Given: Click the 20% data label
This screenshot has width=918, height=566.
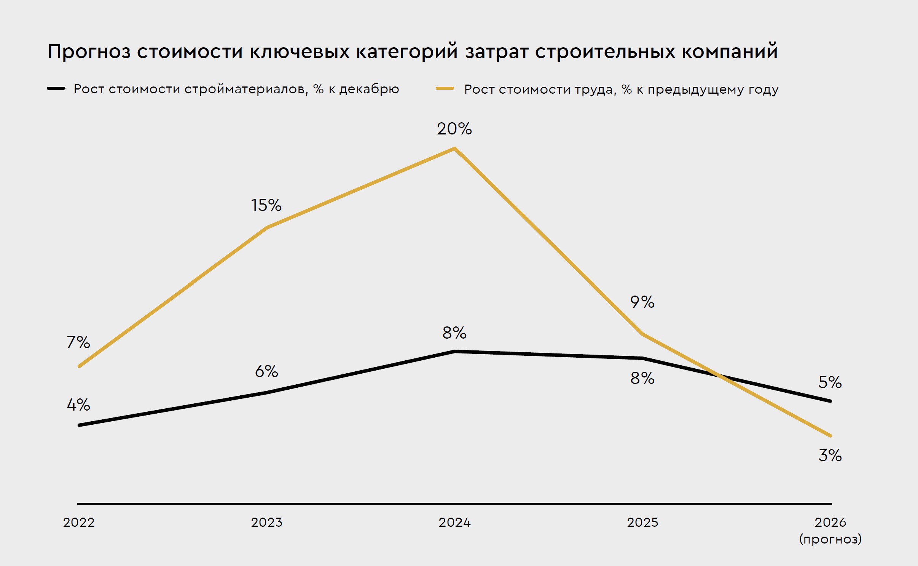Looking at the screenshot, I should pyautogui.click(x=454, y=129).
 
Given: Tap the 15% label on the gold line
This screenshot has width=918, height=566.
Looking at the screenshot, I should pyautogui.click(x=266, y=206).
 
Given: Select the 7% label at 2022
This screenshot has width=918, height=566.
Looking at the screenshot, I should pyautogui.click(x=78, y=342).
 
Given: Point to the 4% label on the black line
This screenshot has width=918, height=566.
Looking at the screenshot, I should pyautogui.click(x=78, y=405).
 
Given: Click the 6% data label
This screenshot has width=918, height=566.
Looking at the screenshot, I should pyautogui.click(x=266, y=371).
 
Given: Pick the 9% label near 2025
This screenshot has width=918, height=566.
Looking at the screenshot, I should pyautogui.click(x=642, y=302).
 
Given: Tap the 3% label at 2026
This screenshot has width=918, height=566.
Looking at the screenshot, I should pyautogui.click(x=830, y=456).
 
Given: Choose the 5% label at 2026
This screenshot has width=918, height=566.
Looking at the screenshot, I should pyautogui.click(x=830, y=382).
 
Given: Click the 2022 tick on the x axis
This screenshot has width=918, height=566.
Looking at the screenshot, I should pyautogui.click(x=79, y=522).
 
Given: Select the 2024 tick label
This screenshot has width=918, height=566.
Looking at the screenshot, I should pyautogui.click(x=454, y=522).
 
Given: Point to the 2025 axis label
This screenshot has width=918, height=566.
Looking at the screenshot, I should pyautogui.click(x=642, y=522).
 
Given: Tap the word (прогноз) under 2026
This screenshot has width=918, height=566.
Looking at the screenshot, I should pyautogui.click(x=830, y=539).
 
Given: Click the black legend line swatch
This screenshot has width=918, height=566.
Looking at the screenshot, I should pyautogui.click(x=56, y=89).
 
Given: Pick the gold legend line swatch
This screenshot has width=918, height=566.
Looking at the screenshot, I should pyautogui.click(x=445, y=89).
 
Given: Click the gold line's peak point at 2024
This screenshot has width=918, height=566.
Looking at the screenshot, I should pyautogui.click(x=454, y=149).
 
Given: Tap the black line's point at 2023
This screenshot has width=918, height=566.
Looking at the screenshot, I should pyautogui.click(x=267, y=392).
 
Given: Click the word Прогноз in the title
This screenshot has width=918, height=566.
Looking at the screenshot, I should pyautogui.click(x=89, y=52).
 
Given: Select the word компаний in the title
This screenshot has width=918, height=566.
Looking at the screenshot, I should pyautogui.click(x=730, y=52).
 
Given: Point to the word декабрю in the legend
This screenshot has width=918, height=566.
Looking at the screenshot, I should pyautogui.click(x=369, y=89).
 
